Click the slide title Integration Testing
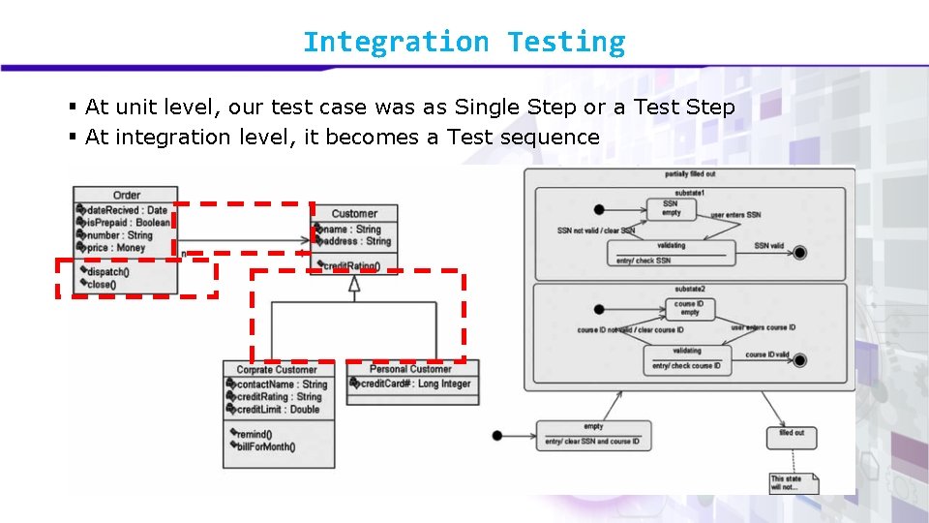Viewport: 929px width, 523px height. click(464, 43)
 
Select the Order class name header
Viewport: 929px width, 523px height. click(127, 196)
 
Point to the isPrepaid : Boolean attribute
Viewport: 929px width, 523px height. click(127, 222)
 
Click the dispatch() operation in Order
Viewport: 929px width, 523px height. click(107, 272)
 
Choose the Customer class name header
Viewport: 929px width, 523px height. click(354, 213)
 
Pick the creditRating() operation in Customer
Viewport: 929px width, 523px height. click(351, 265)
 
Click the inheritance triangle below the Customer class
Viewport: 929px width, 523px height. click(354, 283)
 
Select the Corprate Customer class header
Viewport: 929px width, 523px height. click(277, 369)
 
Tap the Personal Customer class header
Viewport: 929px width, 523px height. click(411, 369)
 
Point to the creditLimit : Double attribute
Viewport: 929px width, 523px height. click(279, 410)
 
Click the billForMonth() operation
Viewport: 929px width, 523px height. click(266, 446)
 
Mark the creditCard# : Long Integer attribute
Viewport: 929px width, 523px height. click(415, 385)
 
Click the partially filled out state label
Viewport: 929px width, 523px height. click(690, 174)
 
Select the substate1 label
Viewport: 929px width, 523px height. click(690, 194)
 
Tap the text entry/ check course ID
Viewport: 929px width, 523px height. click(687, 366)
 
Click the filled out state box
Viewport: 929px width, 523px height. click(792, 438)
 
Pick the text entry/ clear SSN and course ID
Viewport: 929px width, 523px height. click(592, 442)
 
